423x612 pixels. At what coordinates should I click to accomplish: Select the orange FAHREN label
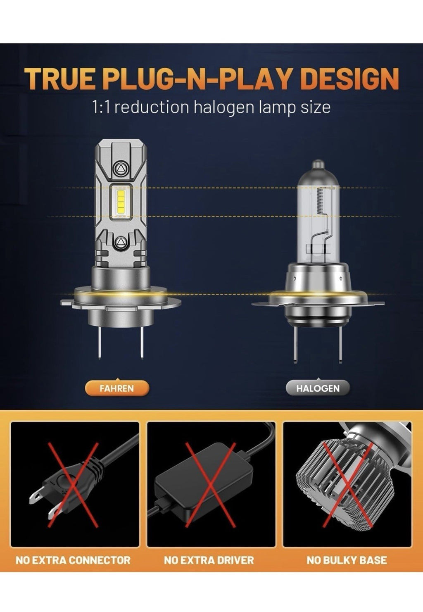click(116, 388)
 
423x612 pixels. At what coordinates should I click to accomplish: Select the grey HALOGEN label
click(318, 388)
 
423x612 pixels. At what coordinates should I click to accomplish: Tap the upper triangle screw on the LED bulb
click(121, 168)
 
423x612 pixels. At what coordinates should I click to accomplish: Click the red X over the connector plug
click(74, 484)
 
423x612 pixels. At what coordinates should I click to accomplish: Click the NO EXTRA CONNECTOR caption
click(73, 560)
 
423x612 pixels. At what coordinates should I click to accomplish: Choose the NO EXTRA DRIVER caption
click(209, 560)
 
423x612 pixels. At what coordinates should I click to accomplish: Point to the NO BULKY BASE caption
click(347, 560)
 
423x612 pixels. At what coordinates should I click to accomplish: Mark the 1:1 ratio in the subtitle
click(100, 107)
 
